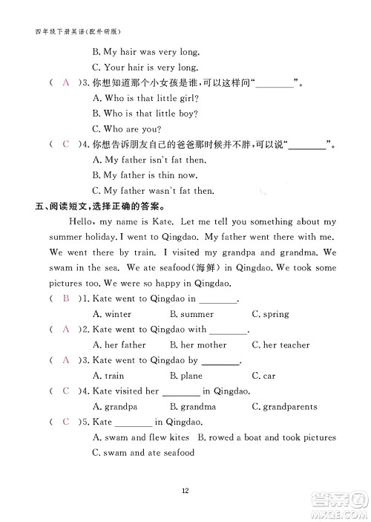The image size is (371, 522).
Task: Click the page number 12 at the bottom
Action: click(x=186, y=489)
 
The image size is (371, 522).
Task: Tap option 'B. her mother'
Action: click(x=198, y=345)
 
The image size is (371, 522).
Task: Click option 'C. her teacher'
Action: click(x=280, y=345)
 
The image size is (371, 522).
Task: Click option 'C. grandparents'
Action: click(x=284, y=407)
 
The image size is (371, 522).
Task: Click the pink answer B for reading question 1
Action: click(x=67, y=298)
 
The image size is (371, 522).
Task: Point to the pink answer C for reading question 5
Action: click(x=67, y=422)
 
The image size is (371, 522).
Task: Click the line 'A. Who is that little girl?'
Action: click(x=145, y=97)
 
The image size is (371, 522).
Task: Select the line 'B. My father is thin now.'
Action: click(x=145, y=175)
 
